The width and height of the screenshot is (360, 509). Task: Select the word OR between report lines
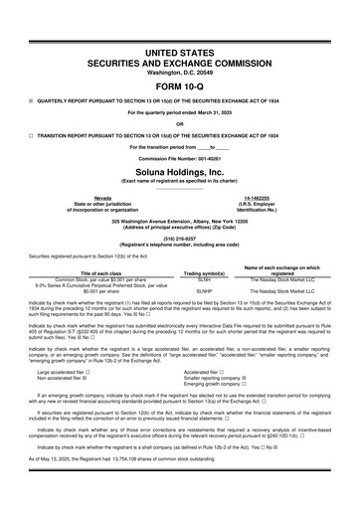[x=179, y=122]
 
